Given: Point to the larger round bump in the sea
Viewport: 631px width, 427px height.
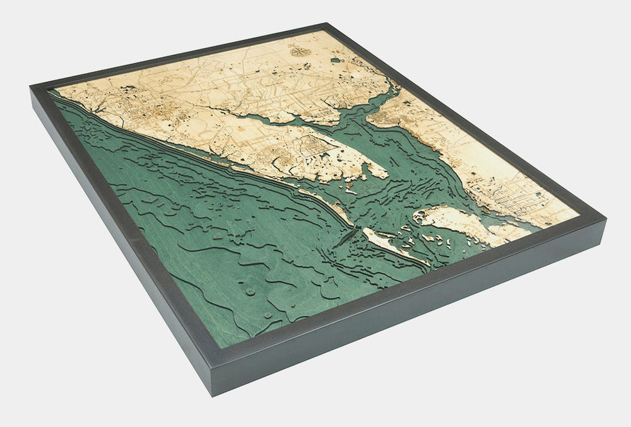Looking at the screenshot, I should pos(251,292).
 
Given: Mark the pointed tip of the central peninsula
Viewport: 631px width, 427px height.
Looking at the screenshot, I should pos(385,173).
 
